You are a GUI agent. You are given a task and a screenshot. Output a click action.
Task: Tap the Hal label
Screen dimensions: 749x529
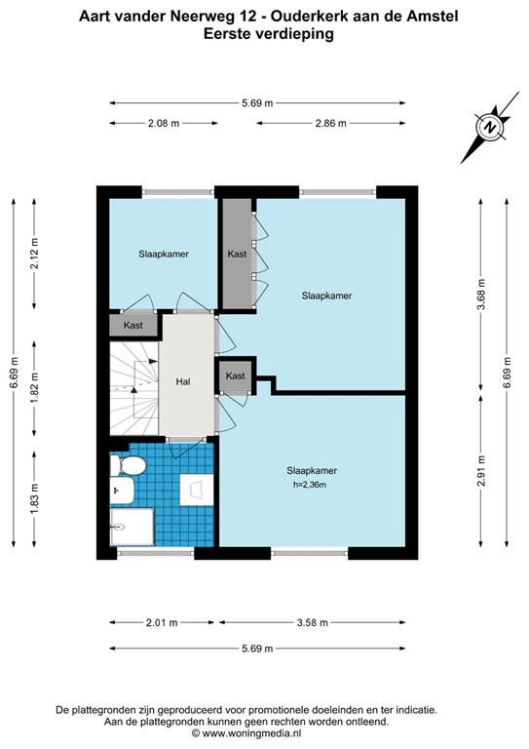182,382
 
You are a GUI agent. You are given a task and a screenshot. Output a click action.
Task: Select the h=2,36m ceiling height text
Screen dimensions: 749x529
311,485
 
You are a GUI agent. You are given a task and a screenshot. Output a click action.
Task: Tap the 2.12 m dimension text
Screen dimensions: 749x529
34,256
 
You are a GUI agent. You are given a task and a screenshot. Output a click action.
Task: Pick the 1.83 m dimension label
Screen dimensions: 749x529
34,498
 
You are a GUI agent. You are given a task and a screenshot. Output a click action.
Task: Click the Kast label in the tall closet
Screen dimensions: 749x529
237,255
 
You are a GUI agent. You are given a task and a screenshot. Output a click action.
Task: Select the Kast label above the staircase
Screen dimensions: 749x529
133,325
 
